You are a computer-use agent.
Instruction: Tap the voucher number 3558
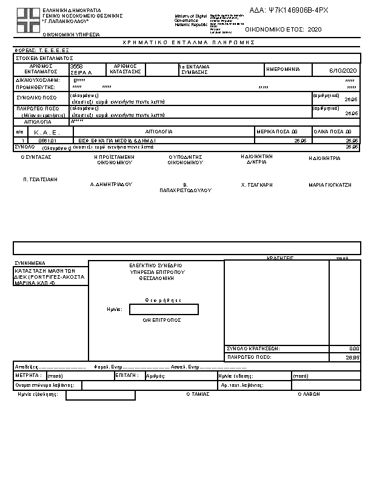coord(76,65)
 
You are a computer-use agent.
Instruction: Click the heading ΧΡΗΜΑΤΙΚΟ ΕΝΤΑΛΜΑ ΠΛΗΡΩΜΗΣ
coord(188,42)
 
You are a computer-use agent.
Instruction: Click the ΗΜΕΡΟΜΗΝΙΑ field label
coord(283,69)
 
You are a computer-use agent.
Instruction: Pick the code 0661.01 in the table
coord(47,140)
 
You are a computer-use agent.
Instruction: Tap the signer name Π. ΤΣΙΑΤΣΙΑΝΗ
coord(40,179)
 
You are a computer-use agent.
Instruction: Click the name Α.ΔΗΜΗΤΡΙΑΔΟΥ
coord(111,184)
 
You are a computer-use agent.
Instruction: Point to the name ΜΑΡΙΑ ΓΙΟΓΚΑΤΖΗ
coord(330,184)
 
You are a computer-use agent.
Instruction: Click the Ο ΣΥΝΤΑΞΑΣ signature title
coord(36,157)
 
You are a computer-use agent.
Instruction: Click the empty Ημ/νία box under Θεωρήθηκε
coord(164,310)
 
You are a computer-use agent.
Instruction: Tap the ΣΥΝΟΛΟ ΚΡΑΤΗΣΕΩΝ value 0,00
coord(355,348)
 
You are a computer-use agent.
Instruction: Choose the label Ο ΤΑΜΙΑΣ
coord(198,394)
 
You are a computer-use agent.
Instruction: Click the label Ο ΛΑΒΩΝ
coord(309,394)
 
